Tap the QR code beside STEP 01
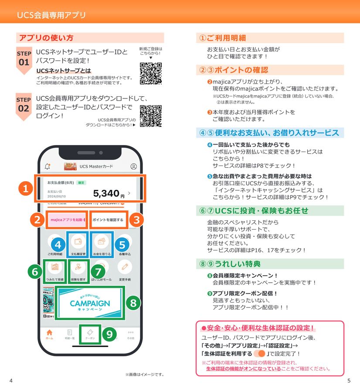pos(151,73)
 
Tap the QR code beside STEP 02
pos(151,115)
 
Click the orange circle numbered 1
pos(26,189)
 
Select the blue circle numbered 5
pos(122,244)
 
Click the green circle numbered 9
pos(109,335)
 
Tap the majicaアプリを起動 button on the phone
pos(67,220)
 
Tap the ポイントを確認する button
pos(108,220)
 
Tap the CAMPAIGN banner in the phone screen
pos(90,303)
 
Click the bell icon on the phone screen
pos(48,166)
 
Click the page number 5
pos(349,381)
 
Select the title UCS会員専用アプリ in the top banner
pos(51,15)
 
